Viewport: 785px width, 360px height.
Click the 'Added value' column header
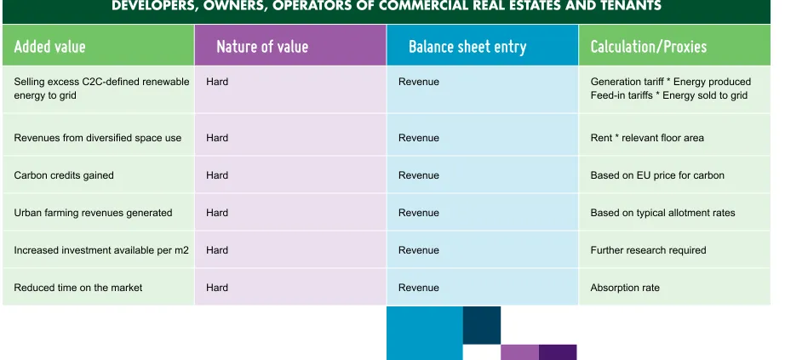tap(49, 47)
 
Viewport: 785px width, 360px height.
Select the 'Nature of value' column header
tap(262, 47)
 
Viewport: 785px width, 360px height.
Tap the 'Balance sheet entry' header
tap(467, 47)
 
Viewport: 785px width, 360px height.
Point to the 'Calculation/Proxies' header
tap(649, 47)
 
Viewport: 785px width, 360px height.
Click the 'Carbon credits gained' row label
tap(64, 175)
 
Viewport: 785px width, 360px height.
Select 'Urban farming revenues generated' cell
tap(93, 213)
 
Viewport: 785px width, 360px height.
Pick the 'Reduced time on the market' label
tap(78, 288)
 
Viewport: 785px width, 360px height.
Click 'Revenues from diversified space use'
tap(98, 138)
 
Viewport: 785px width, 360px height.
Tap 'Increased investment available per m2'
tap(101, 250)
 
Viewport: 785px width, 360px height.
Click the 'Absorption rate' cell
tap(625, 288)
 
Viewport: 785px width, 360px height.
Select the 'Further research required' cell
tap(648, 250)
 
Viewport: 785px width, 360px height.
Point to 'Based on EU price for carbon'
tap(657, 175)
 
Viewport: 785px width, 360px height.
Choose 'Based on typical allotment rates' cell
tap(663, 213)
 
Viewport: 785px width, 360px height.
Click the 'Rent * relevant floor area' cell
tap(647, 138)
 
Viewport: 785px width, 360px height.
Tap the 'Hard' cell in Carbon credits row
tap(217, 175)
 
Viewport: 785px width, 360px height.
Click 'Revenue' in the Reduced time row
tap(419, 288)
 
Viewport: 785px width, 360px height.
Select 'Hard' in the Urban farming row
tap(217, 213)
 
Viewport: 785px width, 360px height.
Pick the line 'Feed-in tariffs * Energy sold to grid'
tap(669, 95)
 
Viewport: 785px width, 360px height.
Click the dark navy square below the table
tap(482, 325)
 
